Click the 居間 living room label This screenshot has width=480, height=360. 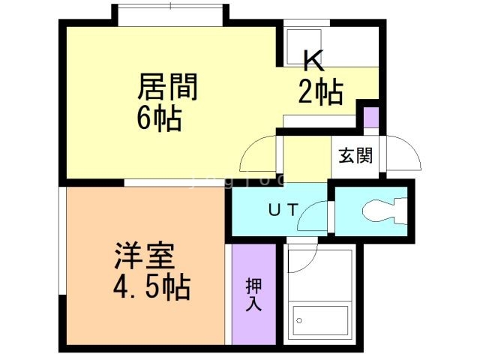[167, 88]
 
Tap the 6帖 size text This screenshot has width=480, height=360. [160, 118]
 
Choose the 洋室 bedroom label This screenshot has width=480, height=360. [145, 256]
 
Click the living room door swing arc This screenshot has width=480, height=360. [256, 156]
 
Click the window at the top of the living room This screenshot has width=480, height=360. [171, 14]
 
